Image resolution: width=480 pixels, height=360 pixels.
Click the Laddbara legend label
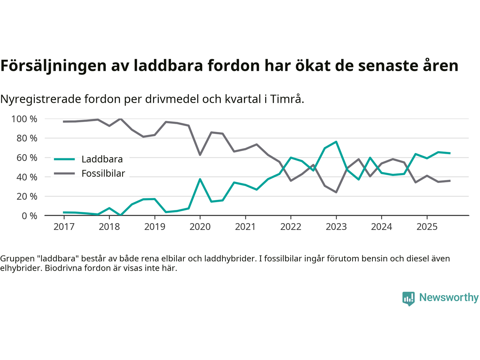[102, 159]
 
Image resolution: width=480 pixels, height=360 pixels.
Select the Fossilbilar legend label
[103, 174]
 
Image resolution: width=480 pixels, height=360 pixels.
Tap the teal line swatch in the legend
[64, 159]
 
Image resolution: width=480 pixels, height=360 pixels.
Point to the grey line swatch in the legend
[64, 174]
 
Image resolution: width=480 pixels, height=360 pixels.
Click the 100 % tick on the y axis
[24, 119]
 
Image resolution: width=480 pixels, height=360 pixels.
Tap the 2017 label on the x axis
[64, 227]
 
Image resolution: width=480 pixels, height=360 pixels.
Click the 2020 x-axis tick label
[200, 227]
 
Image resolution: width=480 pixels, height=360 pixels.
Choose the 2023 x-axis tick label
[336, 227]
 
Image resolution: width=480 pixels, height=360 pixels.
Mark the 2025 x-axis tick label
[427, 227]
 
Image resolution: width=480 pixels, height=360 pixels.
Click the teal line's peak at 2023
[336, 142]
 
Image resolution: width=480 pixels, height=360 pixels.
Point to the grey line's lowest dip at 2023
[336, 192]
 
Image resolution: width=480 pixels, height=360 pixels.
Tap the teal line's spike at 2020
[200, 179]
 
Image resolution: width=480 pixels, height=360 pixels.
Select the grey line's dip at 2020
[200, 155]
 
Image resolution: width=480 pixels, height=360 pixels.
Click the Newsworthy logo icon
[408, 298]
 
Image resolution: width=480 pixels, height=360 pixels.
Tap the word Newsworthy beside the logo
[448, 298]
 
